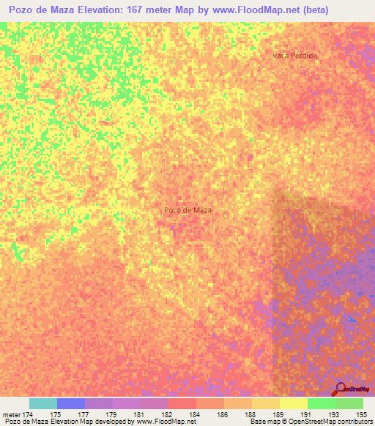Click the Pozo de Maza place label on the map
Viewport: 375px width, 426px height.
point(188,210)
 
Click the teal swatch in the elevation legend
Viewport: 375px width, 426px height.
point(43,403)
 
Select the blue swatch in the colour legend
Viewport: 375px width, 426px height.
point(71,403)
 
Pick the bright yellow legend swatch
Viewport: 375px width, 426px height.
point(293,403)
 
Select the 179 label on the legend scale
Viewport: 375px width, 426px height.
point(109,414)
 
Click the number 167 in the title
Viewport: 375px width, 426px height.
point(139,10)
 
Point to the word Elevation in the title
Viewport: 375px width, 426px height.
point(96,10)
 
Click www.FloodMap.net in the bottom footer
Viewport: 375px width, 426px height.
point(160,422)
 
